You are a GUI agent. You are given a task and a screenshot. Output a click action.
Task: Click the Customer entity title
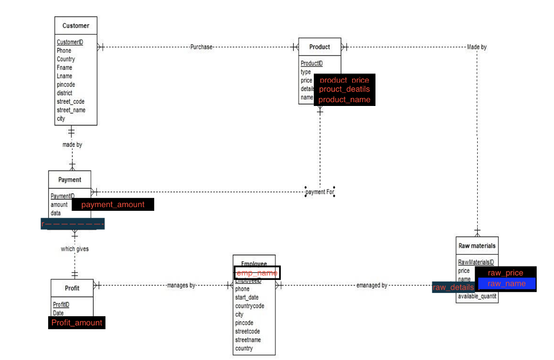point(76,26)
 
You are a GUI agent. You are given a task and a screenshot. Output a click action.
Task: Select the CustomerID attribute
point(70,42)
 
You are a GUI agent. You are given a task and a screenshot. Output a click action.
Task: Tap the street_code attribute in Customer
point(70,102)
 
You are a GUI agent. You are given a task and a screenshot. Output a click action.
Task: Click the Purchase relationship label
point(201,47)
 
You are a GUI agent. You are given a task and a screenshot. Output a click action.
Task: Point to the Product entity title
point(320,47)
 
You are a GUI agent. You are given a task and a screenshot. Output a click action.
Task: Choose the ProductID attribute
point(312,64)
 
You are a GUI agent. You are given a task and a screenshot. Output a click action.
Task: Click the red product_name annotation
point(345,99)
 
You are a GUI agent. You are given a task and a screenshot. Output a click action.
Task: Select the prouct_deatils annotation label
point(344,89)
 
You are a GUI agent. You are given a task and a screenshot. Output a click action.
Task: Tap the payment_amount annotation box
point(113,204)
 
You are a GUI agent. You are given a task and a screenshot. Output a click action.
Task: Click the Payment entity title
point(70,180)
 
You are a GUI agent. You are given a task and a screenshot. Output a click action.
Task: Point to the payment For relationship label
point(320,192)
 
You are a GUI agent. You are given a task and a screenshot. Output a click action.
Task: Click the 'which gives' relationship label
point(75,249)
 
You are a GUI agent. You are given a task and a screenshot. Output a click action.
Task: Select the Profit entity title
point(72,288)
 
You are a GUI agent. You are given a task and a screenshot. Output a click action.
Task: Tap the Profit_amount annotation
point(77,323)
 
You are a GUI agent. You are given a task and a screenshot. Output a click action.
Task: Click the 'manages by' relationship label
point(181,285)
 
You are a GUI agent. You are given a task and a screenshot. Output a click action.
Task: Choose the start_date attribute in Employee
point(247,297)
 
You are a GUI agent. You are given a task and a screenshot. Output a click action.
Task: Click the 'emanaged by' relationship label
point(372,285)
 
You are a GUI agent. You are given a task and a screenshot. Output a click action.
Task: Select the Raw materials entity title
point(477,246)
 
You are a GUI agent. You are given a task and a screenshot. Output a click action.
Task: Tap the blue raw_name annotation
point(506,284)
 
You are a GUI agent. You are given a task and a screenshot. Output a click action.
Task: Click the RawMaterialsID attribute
point(476,262)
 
